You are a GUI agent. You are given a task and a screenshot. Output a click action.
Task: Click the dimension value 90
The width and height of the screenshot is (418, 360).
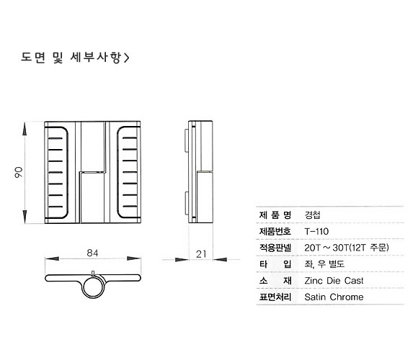click(19, 173)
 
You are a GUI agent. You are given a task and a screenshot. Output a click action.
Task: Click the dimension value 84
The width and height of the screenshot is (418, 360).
click(92, 253)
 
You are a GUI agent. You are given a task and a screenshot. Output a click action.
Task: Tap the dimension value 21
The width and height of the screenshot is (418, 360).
click(201, 254)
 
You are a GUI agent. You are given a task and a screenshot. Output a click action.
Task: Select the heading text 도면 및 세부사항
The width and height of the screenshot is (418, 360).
click(71, 58)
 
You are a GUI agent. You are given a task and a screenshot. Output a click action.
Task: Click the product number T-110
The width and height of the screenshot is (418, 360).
click(316, 231)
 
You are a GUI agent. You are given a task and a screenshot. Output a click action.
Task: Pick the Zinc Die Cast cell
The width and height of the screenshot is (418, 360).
click(334, 281)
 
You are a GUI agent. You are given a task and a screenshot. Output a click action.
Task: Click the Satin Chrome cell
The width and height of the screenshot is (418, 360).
click(334, 297)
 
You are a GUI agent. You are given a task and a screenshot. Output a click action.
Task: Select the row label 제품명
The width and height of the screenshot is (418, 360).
click(275, 215)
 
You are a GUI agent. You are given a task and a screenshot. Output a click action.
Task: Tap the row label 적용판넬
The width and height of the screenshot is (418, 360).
click(275, 248)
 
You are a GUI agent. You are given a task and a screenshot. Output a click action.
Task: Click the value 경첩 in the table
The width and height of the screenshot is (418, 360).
click(312, 215)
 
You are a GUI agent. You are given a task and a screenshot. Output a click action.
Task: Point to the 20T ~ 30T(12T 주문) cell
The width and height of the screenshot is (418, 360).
click(347, 248)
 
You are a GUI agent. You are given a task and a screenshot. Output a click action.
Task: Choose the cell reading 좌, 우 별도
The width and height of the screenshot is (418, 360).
click(324, 264)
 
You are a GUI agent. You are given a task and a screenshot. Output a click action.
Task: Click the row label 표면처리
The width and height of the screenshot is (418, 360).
click(275, 297)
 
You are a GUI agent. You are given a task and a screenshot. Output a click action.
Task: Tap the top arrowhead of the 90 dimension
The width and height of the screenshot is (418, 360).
click(25, 128)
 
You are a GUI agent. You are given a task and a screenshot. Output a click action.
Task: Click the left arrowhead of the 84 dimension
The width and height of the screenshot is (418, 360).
click(52, 258)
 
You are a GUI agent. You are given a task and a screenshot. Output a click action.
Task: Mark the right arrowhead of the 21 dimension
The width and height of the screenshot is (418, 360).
click(221, 259)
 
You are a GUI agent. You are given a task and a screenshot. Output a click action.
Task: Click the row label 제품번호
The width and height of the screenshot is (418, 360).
click(275, 231)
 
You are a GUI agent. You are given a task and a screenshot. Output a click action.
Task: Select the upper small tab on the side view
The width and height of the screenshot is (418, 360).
click(186, 140)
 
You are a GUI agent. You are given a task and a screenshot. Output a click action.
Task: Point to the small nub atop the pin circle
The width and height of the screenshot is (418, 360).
click(93, 273)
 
